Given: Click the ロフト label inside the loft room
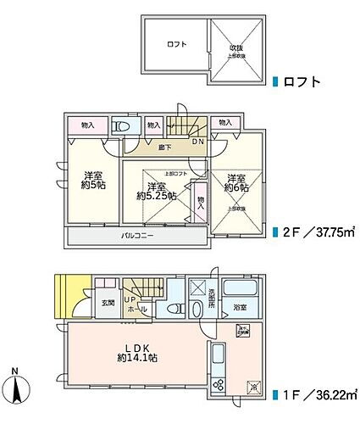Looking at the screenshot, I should pos(175,43).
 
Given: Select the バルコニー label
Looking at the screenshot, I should pos(136,235).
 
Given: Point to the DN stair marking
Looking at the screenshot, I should pos(197,141).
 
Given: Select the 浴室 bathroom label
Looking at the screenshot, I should pos(240,308).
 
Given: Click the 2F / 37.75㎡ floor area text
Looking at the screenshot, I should pos(318,232).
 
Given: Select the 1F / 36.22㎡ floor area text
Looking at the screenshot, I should pos(318,395).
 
